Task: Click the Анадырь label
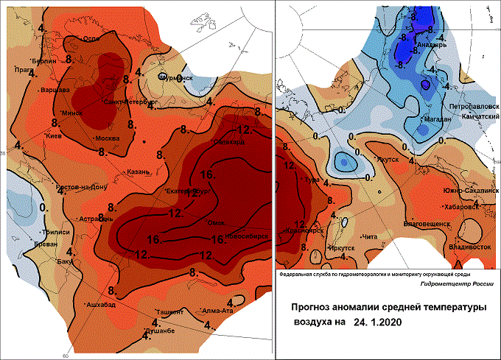pos(433,43)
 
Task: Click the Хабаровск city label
pos(462,207)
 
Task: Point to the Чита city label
pos(371,237)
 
